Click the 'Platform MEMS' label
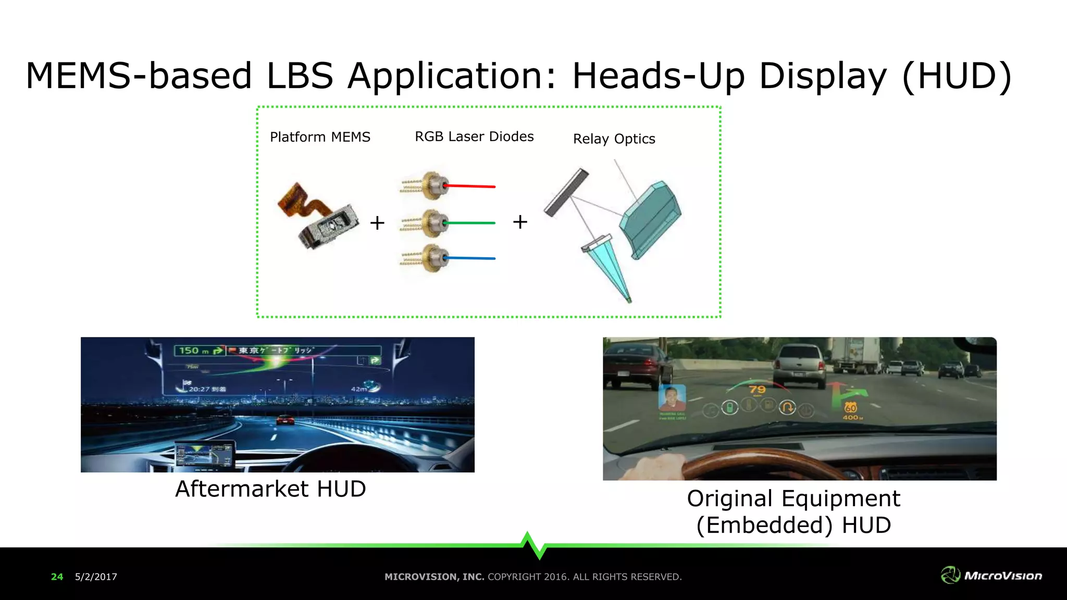(320, 137)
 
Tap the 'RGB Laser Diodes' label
(474, 136)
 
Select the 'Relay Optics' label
(614, 139)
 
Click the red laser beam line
(472, 186)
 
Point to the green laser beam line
(472, 223)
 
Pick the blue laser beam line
(472, 258)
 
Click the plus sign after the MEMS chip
(377, 223)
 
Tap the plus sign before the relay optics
(520, 222)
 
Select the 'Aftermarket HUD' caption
(270, 489)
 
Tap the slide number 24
(57, 577)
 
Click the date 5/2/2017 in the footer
(96, 577)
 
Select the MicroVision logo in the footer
(991, 575)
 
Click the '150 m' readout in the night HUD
(193, 351)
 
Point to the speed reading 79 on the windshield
(757, 390)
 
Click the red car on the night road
(284, 419)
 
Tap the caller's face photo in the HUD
(672, 398)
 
